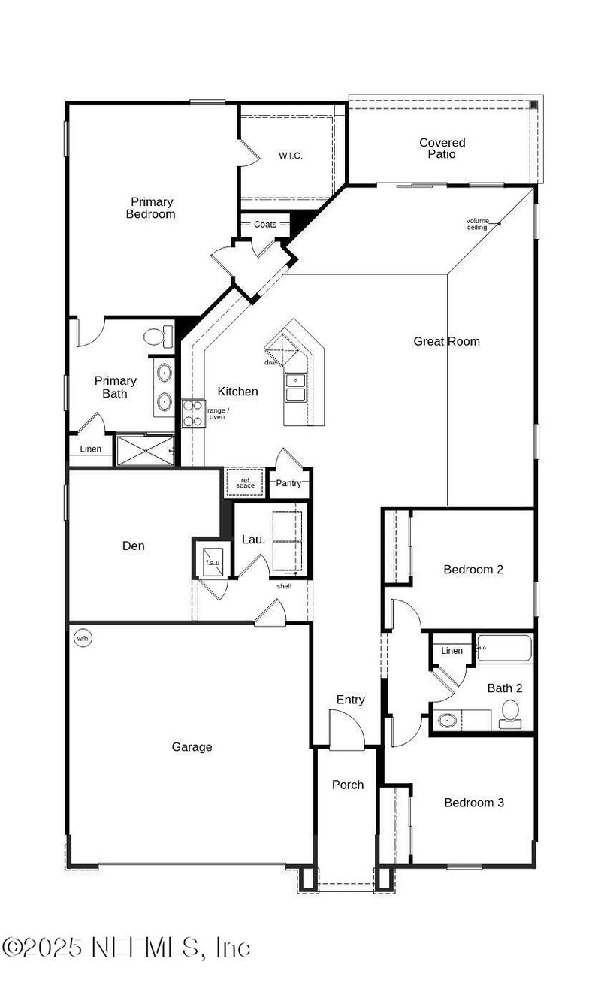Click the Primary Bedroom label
153,207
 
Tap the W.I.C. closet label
290,156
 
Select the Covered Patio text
442,148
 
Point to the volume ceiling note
477,224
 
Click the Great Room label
446,341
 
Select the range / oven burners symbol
193,413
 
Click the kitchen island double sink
295,387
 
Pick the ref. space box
246,483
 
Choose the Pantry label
288,483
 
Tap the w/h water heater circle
82,639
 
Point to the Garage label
192,747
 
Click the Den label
134,546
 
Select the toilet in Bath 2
511,713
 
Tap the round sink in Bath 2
447,720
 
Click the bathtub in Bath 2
504,648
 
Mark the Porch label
348,785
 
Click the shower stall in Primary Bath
145,450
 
